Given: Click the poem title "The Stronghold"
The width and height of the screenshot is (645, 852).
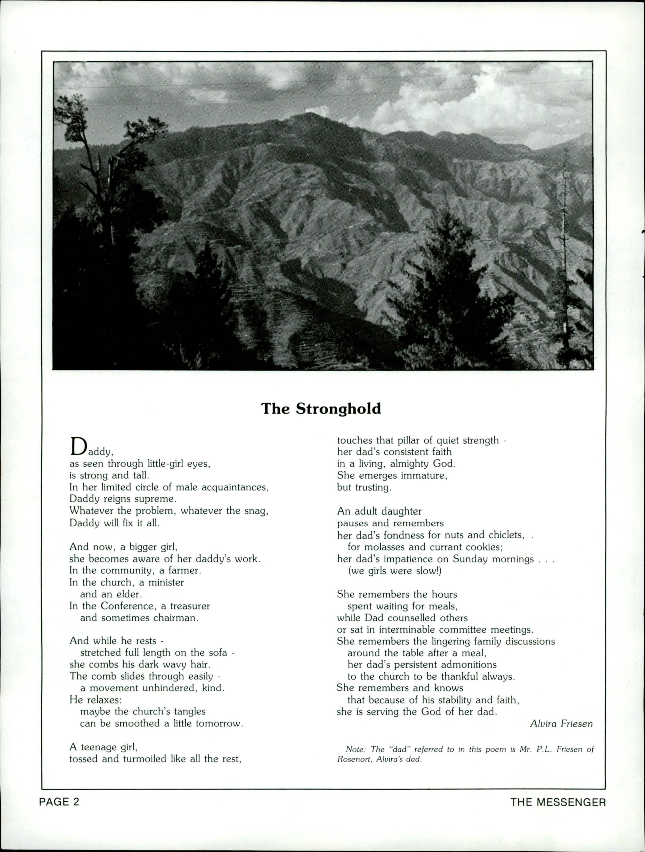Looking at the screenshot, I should [321, 409].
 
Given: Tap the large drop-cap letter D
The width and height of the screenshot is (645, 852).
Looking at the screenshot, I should [78, 446].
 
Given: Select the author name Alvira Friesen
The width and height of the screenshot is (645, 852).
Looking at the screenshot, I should [561, 723].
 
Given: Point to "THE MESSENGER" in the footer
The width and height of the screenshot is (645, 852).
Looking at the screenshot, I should [558, 802].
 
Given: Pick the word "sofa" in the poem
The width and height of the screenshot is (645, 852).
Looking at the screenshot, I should [217, 652].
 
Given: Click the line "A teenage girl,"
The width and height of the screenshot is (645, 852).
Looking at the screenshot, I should [103, 747].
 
